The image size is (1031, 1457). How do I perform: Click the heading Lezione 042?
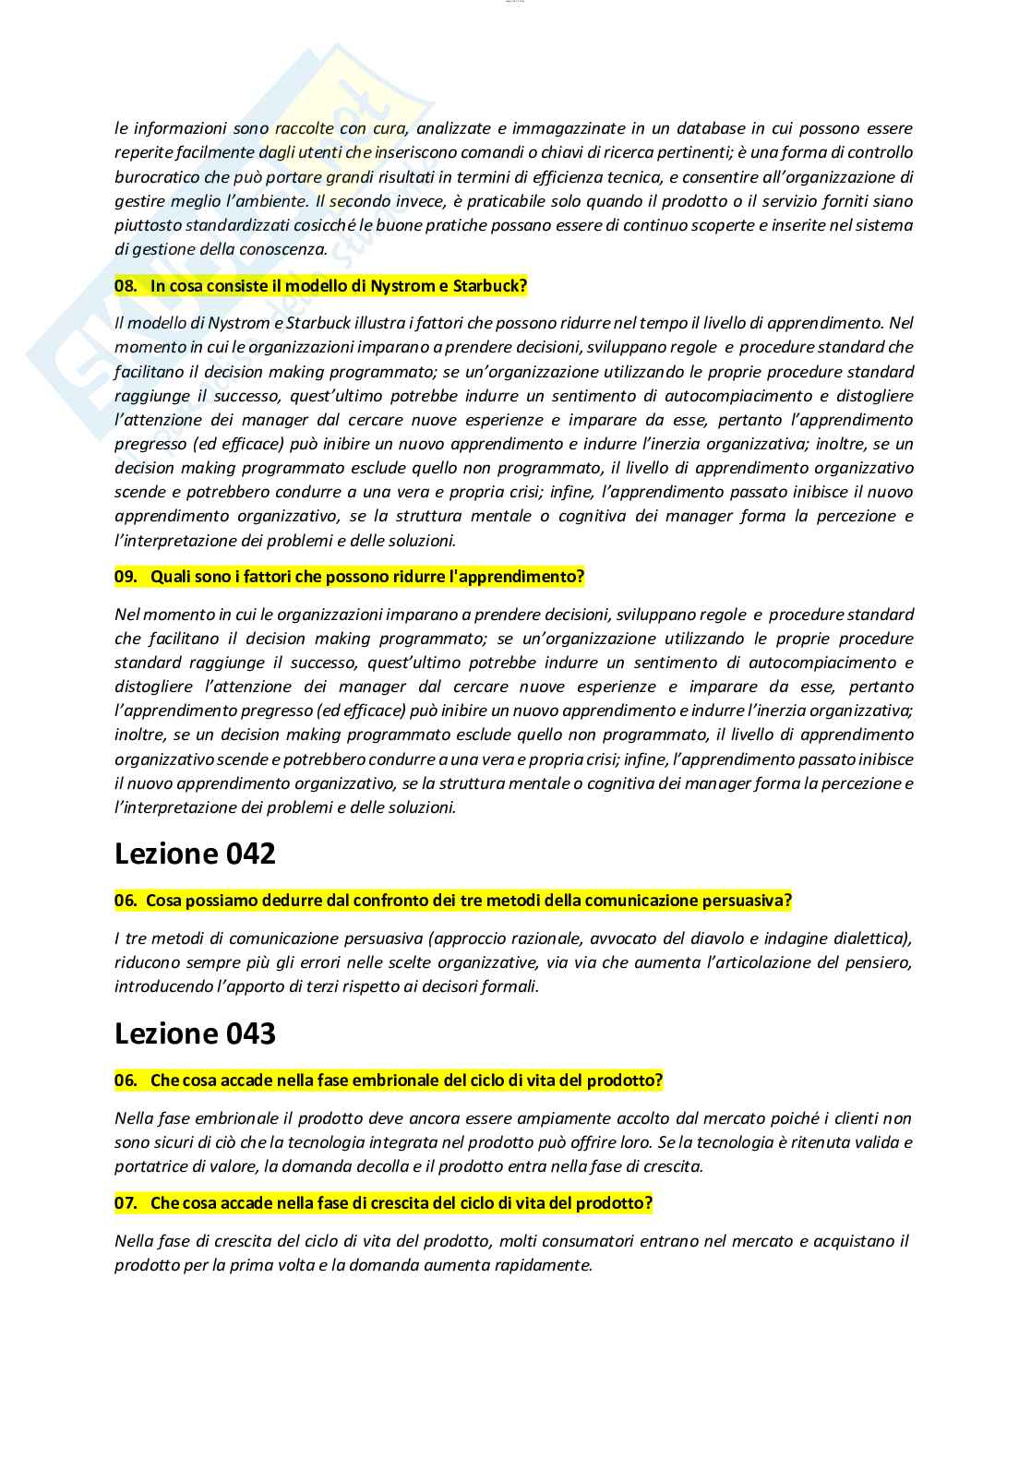point(195,854)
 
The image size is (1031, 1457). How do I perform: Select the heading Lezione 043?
point(195,1034)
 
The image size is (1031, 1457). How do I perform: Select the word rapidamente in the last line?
point(544,1265)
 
